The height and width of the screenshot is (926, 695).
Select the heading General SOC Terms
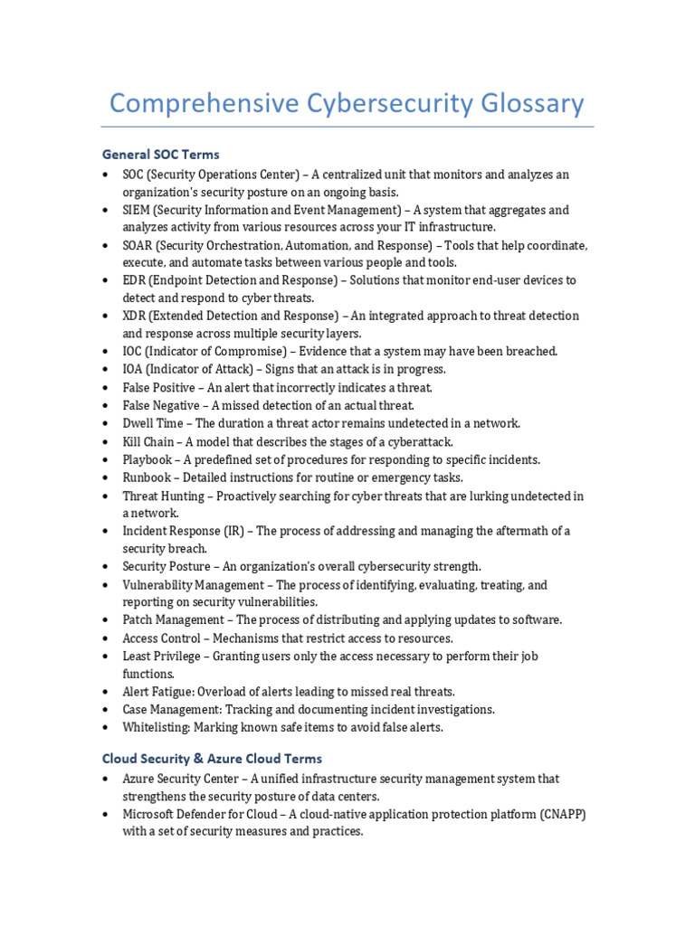point(161,155)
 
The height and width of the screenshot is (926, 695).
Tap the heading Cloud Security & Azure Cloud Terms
point(212,759)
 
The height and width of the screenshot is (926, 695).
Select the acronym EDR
point(135,280)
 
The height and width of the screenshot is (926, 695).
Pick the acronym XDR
point(135,316)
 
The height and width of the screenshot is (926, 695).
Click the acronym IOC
point(134,351)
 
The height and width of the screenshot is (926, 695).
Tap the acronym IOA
point(134,369)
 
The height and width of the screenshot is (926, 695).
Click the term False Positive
point(158,387)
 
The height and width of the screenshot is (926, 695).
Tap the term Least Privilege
point(160,656)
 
